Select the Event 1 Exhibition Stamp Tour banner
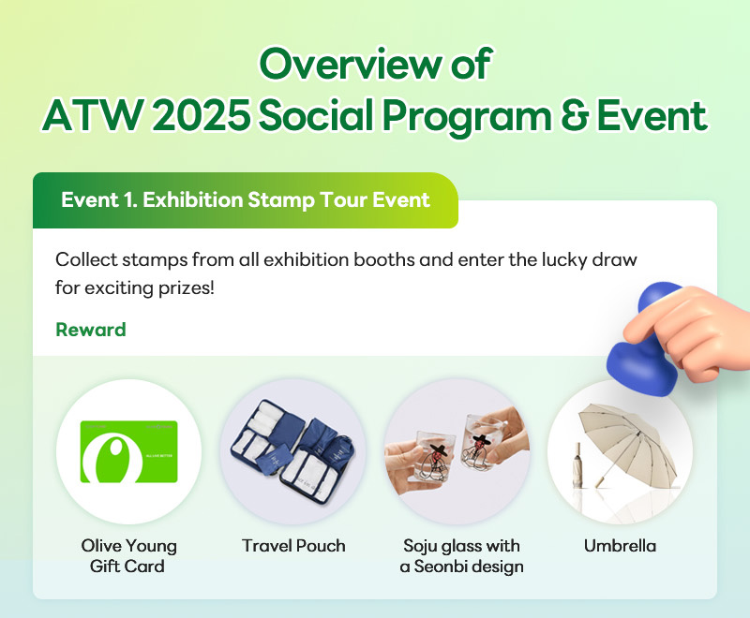245,200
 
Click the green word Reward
91,330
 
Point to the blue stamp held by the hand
639,354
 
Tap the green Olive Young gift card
128,451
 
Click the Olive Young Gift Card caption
128,555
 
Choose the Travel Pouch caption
293,545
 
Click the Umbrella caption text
620,545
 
